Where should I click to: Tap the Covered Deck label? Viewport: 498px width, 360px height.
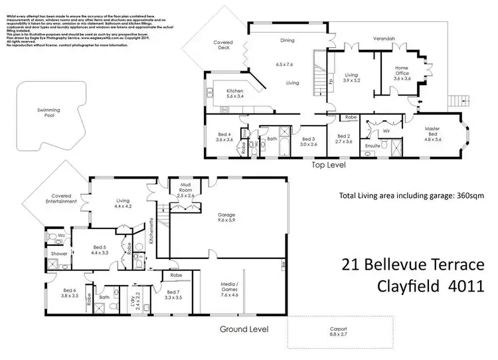(222, 45)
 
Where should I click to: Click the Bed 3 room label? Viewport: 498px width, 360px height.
(309, 141)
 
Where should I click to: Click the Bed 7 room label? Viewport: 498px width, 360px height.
(175, 296)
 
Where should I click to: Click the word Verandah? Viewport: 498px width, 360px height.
(384, 39)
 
